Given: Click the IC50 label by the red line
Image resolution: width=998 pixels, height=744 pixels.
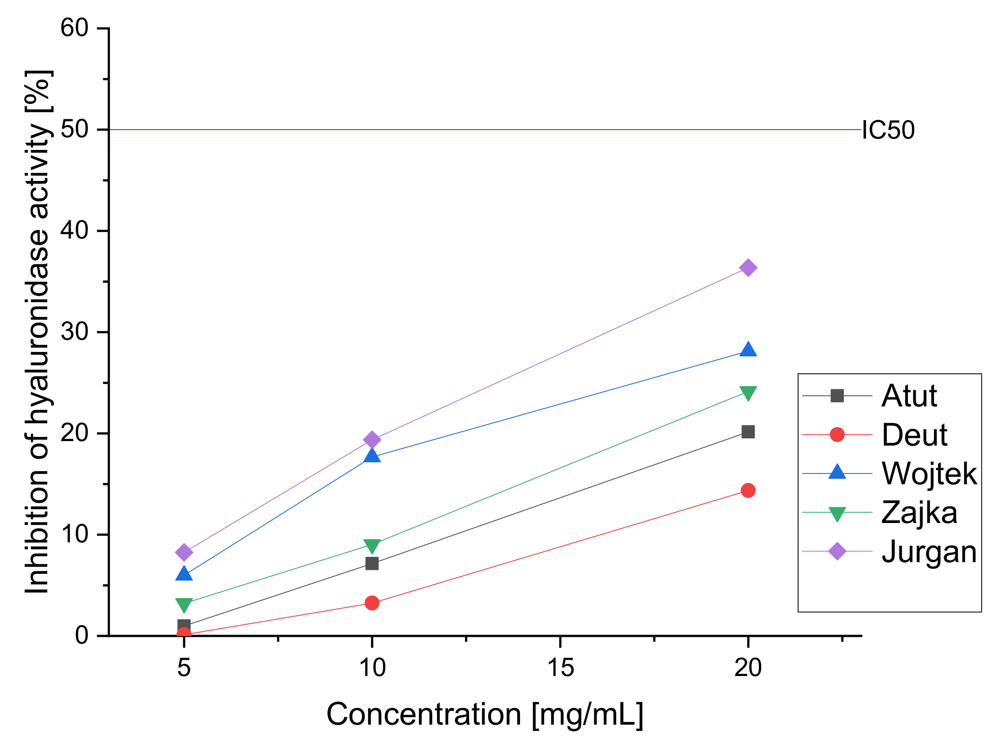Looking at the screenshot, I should point(888,130).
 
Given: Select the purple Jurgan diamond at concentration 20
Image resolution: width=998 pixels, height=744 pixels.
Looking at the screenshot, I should point(748,268).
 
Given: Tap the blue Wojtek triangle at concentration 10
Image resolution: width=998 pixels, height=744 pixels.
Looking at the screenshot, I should point(372,456).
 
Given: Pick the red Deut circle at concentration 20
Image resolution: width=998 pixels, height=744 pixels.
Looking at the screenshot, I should point(748,491).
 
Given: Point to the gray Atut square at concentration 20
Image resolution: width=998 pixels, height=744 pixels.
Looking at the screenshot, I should point(748,432).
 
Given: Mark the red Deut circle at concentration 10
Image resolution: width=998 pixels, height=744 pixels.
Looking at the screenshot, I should point(372,603).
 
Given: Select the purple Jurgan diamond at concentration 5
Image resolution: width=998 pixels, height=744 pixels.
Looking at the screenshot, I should point(184,552).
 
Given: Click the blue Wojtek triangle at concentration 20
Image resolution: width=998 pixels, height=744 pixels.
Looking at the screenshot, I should point(748,349).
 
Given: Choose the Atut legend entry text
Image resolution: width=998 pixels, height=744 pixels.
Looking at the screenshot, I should point(909,396).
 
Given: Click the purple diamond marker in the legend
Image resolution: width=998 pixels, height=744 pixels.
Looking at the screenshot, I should point(837,551).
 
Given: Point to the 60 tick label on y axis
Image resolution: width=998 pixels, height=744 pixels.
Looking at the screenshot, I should point(74,28).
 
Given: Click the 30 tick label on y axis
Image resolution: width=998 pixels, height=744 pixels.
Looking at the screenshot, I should point(74,332).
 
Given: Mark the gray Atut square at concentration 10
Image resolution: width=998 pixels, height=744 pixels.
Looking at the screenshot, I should point(372,564).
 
